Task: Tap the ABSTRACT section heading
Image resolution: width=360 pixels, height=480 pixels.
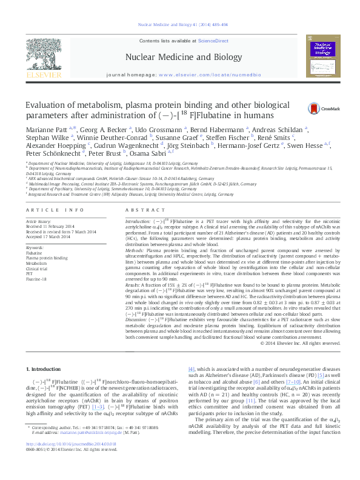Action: pyautogui.click(x=140, y=210)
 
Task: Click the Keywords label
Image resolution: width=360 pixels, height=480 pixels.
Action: pyautogui.click(x=35, y=248)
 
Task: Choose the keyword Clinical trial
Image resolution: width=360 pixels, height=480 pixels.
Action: pyautogui.click(x=38, y=268)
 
